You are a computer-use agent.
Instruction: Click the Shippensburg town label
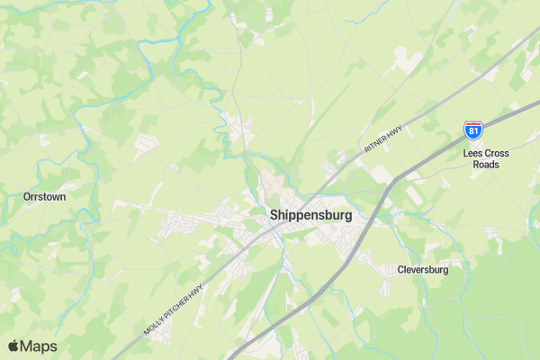coord(311,216)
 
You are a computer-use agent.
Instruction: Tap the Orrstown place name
coord(44,195)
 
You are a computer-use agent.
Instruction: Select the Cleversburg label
coord(423,270)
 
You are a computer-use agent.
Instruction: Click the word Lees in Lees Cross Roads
coord(473,154)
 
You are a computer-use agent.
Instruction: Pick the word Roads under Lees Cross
coord(486,165)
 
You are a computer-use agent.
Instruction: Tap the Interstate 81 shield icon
coord(472,131)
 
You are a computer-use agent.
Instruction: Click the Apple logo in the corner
coord(13,346)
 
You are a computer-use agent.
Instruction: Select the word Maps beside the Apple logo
coord(39,346)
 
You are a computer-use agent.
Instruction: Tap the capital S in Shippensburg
coord(274,216)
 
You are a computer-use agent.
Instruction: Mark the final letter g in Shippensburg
coord(348,218)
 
